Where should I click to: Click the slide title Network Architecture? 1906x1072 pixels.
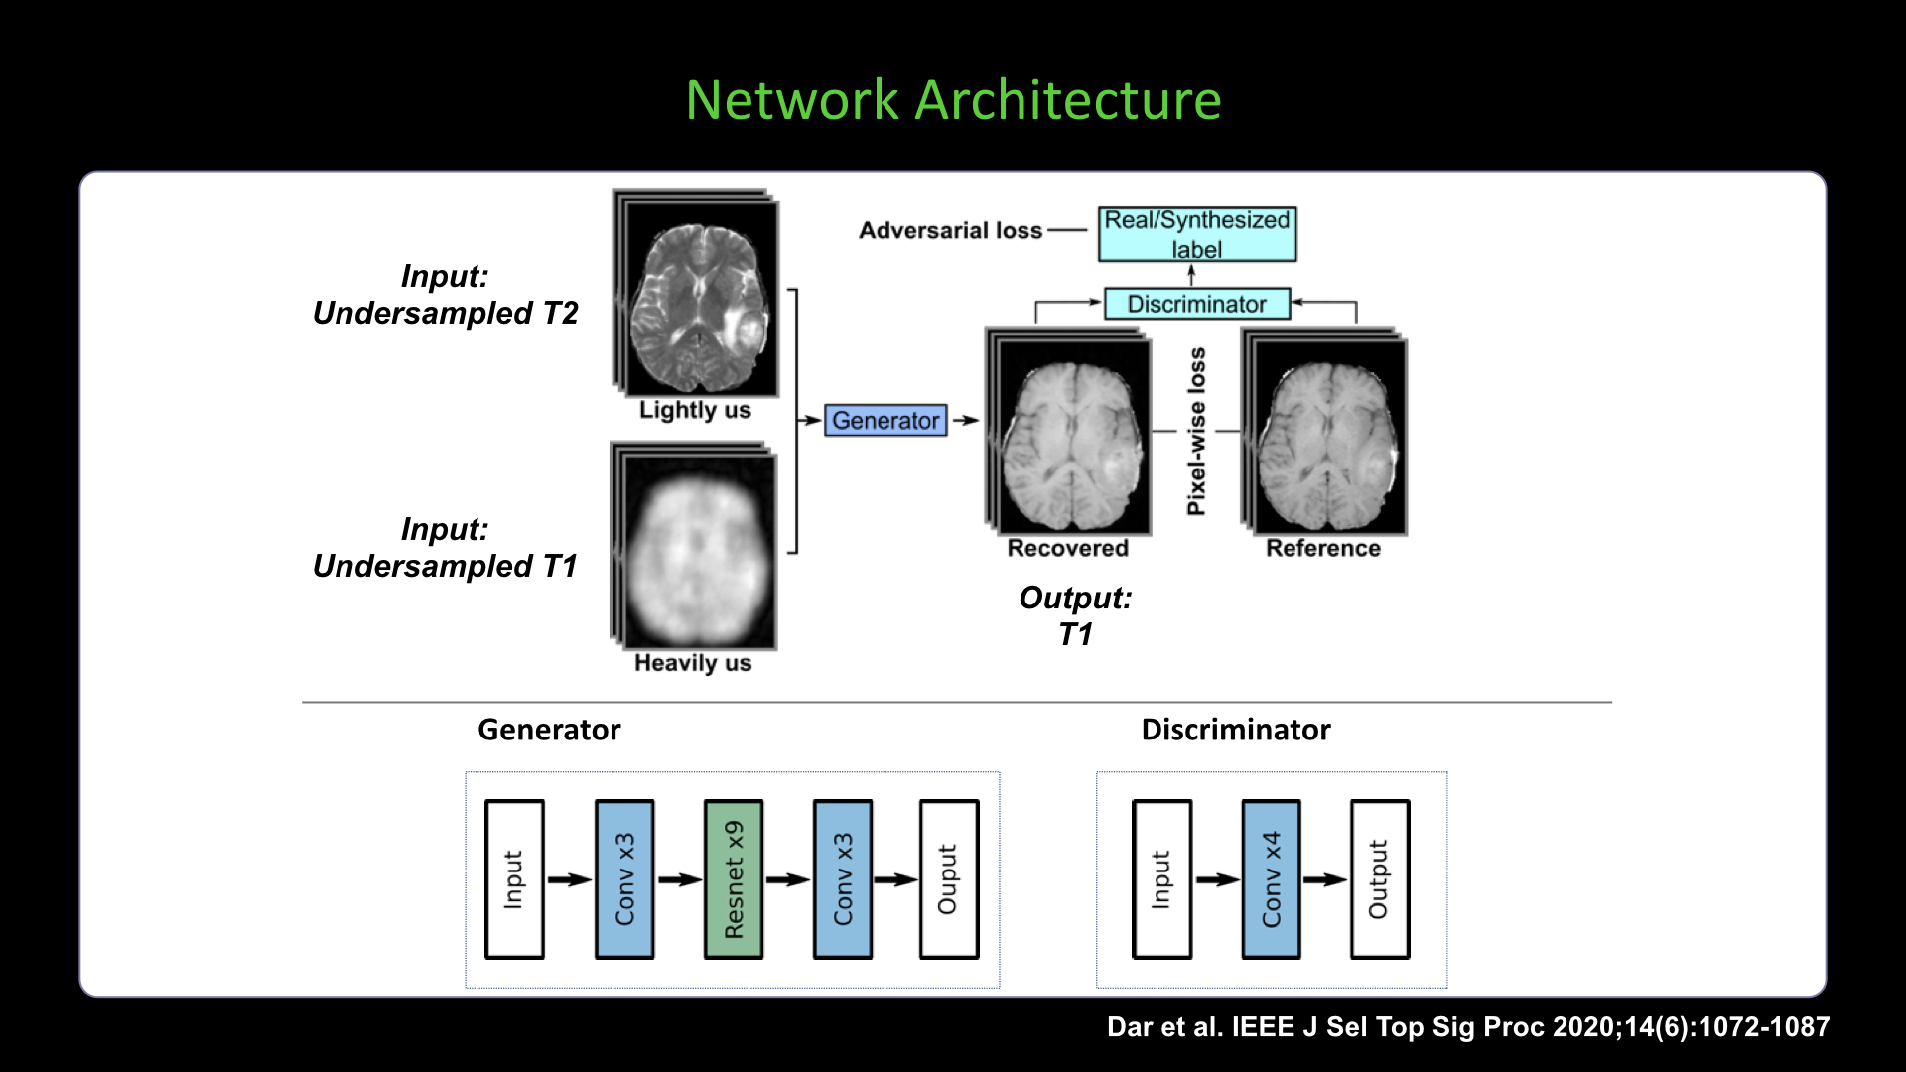[x=953, y=100]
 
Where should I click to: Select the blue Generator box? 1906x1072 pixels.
[x=885, y=420]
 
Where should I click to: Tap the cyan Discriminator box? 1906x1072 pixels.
[x=1197, y=304]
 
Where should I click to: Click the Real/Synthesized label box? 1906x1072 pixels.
[x=1197, y=234]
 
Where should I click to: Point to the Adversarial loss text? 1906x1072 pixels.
[x=950, y=230]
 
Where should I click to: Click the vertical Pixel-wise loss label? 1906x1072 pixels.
[x=1197, y=431]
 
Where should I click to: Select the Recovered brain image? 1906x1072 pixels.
[x=1069, y=433]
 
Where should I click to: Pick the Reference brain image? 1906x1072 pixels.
[x=1324, y=433]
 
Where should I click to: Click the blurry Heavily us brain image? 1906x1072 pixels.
[x=694, y=546]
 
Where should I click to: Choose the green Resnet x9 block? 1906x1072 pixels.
[x=734, y=879]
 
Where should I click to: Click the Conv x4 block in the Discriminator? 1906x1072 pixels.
[x=1271, y=879]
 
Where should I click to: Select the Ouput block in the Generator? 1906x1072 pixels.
[x=949, y=879]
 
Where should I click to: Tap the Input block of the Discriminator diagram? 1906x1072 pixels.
[x=1161, y=879]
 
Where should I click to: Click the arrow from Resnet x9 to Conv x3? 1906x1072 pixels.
[x=788, y=879]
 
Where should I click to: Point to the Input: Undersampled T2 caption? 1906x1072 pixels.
[x=445, y=295]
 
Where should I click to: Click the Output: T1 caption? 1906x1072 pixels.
[x=1075, y=615]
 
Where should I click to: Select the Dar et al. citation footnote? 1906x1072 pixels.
[x=1468, y=1026]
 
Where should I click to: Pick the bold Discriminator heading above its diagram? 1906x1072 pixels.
[x=1236, y=730]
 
